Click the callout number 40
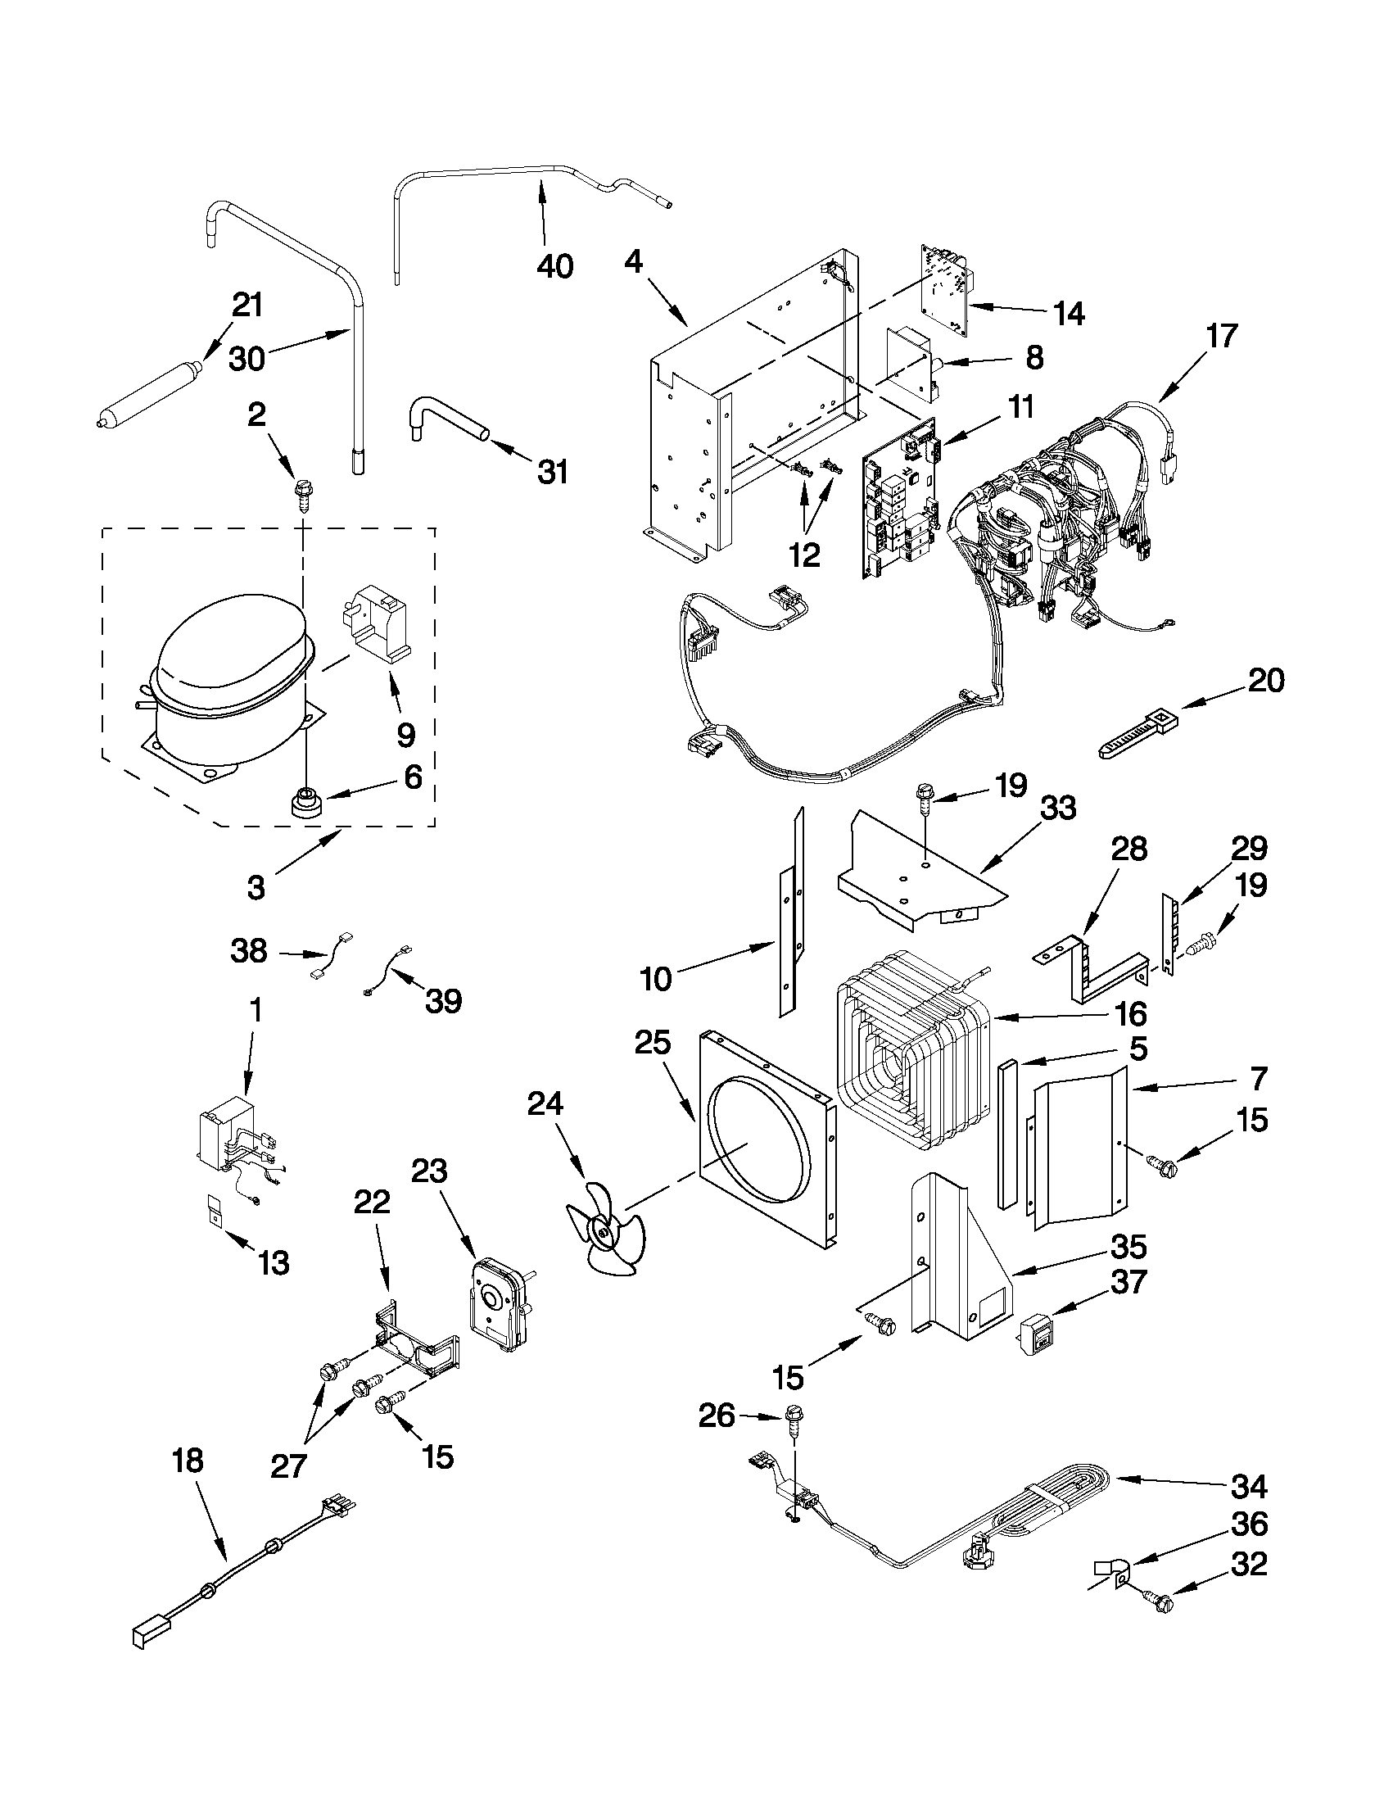(x=554, y=267)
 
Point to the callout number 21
(x=246, y=305)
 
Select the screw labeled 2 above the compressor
(x=301, y=493)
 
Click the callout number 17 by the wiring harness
(x=1221, y=336)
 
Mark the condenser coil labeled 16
(x=912, y=1061)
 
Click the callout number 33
(x=1058, y=808)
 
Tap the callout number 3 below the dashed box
(x=256, y=887)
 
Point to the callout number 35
(x=1128, y=1247)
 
